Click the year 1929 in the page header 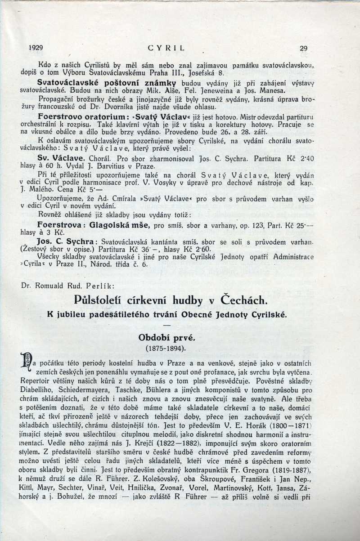pos(35,48)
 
